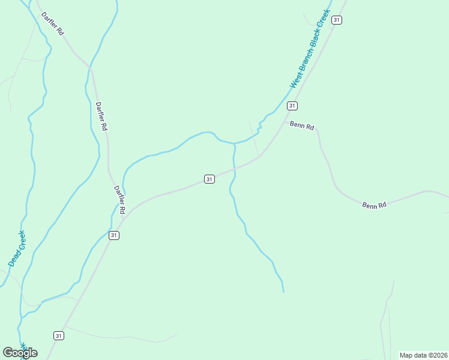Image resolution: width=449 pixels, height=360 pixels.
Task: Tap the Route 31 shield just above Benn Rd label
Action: click(x=292, y=106)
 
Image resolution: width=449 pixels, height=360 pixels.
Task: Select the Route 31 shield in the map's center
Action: click(x=209, y=179)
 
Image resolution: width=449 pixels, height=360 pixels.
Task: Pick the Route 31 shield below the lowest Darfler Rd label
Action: click(x=114, y=235)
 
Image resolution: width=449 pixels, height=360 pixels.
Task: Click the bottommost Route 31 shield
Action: click(x=58, y=335)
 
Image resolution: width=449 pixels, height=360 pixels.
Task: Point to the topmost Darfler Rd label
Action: click(x=53, y=23)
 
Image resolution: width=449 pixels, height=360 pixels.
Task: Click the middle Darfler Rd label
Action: click(x=101, y=116)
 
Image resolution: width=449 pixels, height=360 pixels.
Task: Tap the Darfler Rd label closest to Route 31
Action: click(x=119, y=199)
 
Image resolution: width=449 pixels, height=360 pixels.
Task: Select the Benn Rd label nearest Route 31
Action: click(x=302, y=126)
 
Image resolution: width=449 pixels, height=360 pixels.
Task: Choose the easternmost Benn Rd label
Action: click(x=374, y=205)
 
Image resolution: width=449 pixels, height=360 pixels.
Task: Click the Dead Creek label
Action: click(x=17, y=248)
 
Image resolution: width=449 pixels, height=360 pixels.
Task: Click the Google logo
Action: click(x=20, y=352)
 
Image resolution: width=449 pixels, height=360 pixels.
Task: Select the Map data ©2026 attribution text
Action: click(x=423, y=355)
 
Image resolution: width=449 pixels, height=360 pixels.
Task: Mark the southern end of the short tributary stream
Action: click(x=283, y=292)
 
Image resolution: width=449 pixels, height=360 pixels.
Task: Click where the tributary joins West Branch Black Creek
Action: click(x=234, y=144)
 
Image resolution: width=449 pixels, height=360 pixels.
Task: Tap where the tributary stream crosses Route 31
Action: click(x=234, y=170)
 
